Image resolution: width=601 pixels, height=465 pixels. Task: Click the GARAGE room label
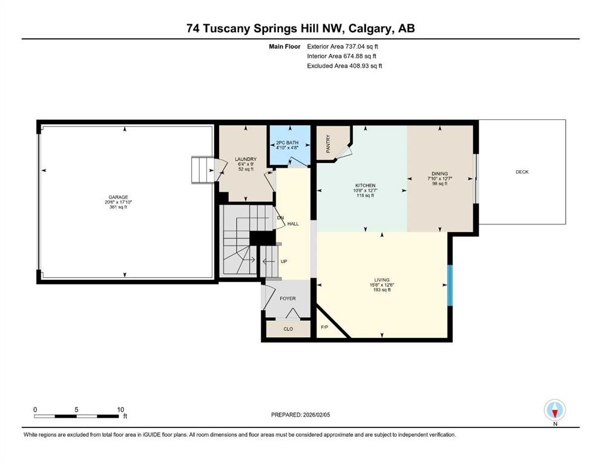pyautogui.click(x=118, y=197)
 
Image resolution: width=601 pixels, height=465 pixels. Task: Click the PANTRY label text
pyautogui.click(x=328, y=143)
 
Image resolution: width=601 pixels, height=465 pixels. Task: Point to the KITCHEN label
pyautogui.click(x=365, y=185)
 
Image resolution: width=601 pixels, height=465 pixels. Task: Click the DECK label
pyautogui.click(x=522, y=172)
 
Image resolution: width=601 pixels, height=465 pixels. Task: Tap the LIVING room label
pyautogui.click(x=381, y=280)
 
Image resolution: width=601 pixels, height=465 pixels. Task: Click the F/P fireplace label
pyautogui.click(x=324, y=327)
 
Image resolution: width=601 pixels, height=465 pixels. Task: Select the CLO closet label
pyautogui.click(x=288, y=329)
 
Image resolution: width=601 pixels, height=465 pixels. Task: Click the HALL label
pyautogui.click(x=293, y=224)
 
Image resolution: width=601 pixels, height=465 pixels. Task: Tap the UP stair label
pyautogui.click(x=283, y=261)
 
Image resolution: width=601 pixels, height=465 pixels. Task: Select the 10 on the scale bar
pyautogui.click(x=120, y=409)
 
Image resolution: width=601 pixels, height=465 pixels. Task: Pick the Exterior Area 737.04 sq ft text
pyautogui.click(x=345, y=46)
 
